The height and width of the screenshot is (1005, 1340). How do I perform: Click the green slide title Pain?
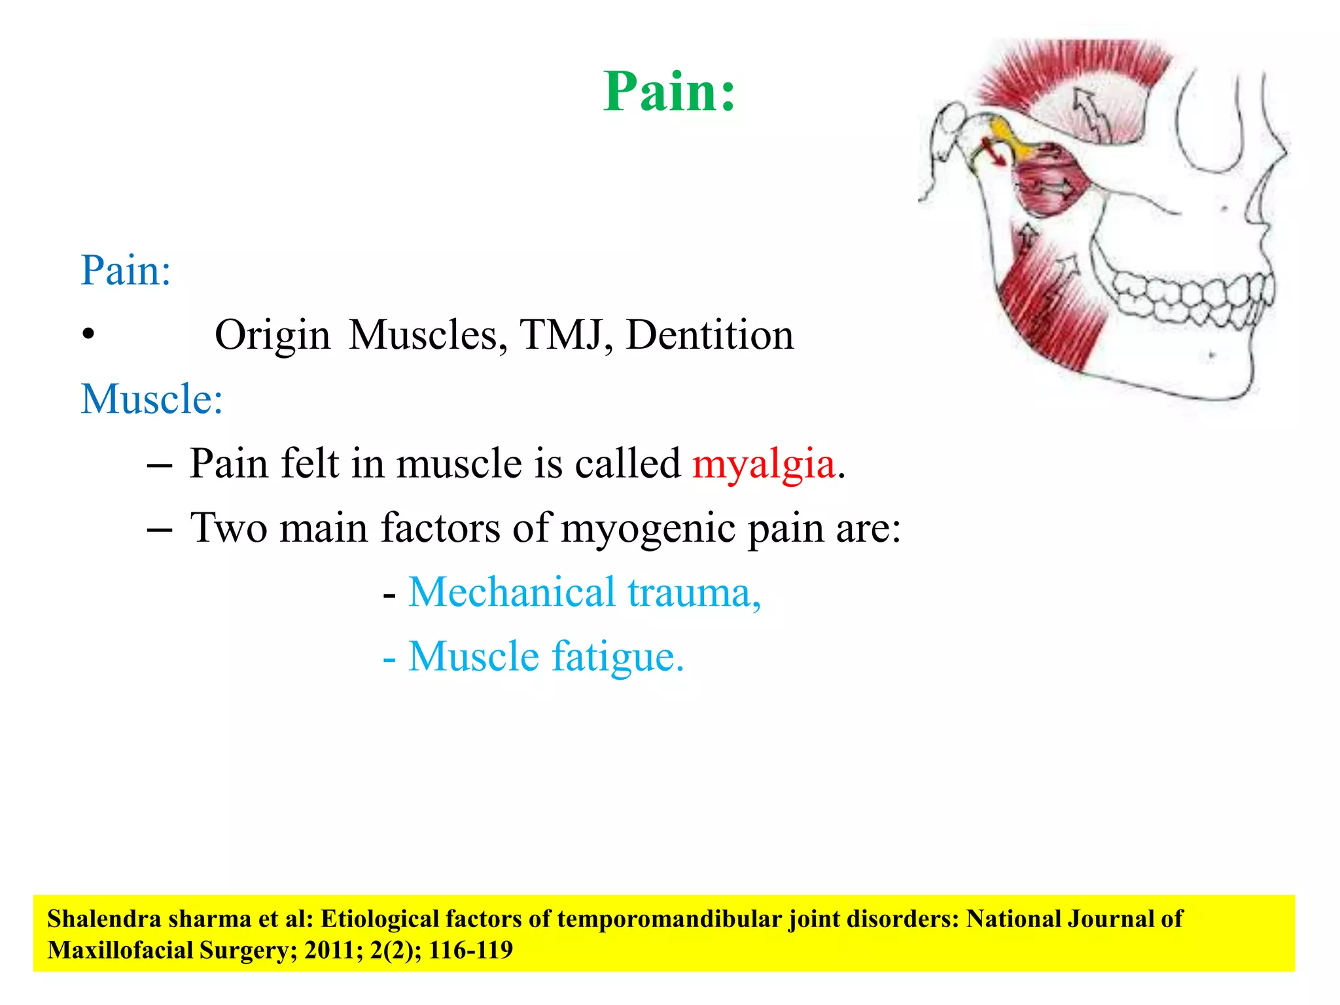click(x=669, y=92)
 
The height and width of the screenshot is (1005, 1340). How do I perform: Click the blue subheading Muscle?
click(x=152, y=399)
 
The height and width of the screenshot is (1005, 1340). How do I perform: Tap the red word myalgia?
click(x=764, y=464)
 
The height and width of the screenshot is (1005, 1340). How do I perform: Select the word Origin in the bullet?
click(x=272, y=336)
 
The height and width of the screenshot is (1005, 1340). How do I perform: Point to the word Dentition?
click(x=709, y=336)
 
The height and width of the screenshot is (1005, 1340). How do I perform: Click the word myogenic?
click(x=648, y=528)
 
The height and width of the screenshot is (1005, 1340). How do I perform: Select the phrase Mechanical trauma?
click(x=584, y=592)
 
